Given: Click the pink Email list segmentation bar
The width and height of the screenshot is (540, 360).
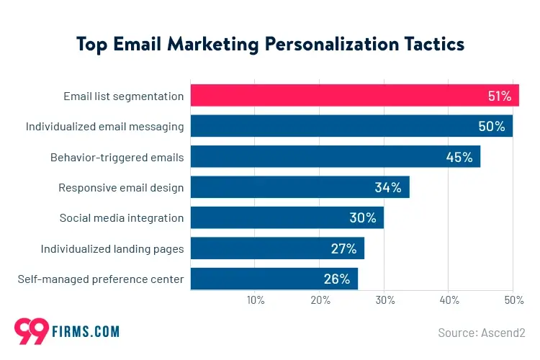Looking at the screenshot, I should tap(354, 95).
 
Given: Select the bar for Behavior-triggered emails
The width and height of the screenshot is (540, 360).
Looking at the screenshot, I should tap(335, 157).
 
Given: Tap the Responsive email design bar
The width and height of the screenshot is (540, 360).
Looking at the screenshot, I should tap(300, 187).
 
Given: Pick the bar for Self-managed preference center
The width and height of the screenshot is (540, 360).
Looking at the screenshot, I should tap(274, 279).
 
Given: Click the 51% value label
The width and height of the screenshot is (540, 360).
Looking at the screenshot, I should tap(499, 96).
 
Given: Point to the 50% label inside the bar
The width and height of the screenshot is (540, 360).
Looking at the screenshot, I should tap(492, 127).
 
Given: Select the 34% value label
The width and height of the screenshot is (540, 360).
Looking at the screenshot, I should tap(387, 188).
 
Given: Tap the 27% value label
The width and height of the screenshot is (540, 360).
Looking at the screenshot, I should tap(343, 248).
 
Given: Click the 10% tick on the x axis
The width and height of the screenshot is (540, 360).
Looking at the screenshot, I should tap(255, 300).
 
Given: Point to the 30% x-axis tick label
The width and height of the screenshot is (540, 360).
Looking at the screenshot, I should tap(384, 300).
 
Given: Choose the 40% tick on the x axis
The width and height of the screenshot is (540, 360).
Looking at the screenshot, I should tap(449, 300).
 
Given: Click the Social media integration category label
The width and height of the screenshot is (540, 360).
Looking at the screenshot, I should tap(121, 218).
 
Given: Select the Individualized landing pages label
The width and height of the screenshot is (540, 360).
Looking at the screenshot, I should tap(112, 249).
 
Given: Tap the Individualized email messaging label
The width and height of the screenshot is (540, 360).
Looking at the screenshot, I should tap(104, 127).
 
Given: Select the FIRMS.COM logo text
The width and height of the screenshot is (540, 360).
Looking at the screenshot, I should tap(86, 332).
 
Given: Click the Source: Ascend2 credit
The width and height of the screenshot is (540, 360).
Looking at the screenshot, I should tap(482, 333).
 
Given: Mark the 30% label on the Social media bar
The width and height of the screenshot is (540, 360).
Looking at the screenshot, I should tap(362, 218).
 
